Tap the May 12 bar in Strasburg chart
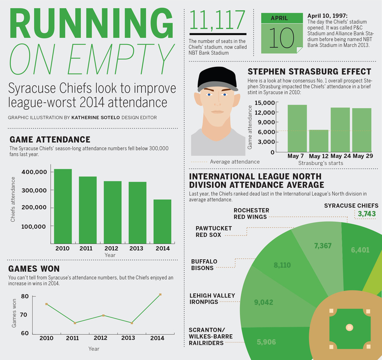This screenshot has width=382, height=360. (318, 141)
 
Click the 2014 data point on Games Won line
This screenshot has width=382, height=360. (160, 295)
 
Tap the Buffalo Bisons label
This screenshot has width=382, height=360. (204, 265)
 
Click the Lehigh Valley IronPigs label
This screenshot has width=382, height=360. (213, 298)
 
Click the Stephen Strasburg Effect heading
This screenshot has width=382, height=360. (309, 72)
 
